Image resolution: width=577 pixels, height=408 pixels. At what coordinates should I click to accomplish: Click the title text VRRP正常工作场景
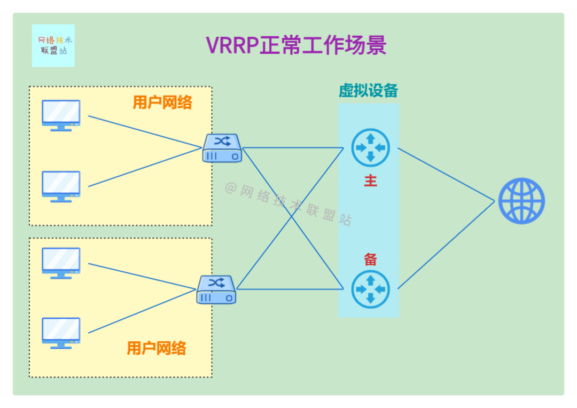[x=296, y=46]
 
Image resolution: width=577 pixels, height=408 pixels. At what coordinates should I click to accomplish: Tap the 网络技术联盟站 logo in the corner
[x=53, y=45]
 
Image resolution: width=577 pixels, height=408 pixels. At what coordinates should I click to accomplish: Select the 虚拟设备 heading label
[x=368, y=91]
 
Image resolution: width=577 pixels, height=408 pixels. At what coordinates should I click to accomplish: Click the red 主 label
[x=370, y=181]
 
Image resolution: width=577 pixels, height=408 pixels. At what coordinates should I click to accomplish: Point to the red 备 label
[x=370, y=260]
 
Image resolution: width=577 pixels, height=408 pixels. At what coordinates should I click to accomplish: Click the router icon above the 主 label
[x=370, y=148]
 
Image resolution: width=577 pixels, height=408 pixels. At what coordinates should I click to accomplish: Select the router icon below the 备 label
[x=370, y=289]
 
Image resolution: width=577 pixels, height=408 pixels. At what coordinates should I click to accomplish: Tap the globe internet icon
[x=521, y=201]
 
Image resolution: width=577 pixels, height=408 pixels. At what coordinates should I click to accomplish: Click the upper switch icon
[x=222, y=148]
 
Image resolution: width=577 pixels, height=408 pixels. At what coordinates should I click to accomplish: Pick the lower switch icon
[x=216, y=289]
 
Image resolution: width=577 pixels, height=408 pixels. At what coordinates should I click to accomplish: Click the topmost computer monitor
[x=61, y=115]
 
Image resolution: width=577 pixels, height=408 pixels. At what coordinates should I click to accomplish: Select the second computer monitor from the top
[x=61, y=186]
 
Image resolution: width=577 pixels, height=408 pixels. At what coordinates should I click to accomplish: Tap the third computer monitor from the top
[x=61, y=263]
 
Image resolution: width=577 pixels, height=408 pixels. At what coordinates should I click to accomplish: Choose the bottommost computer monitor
[x=61, y=333]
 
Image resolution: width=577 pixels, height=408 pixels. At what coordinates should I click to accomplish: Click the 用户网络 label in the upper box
[x=162, y=103]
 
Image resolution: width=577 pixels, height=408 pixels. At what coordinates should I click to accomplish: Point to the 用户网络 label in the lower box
[x=157, y=349]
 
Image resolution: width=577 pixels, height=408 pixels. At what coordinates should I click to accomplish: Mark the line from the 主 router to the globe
[x=446, y=174]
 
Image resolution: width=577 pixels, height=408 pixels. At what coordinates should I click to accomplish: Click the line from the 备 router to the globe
[x=446, y=245]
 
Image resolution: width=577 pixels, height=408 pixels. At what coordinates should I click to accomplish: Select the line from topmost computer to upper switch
[x=144, y=131]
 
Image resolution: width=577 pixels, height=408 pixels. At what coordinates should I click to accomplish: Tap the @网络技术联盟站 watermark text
[x=288, y=205]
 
